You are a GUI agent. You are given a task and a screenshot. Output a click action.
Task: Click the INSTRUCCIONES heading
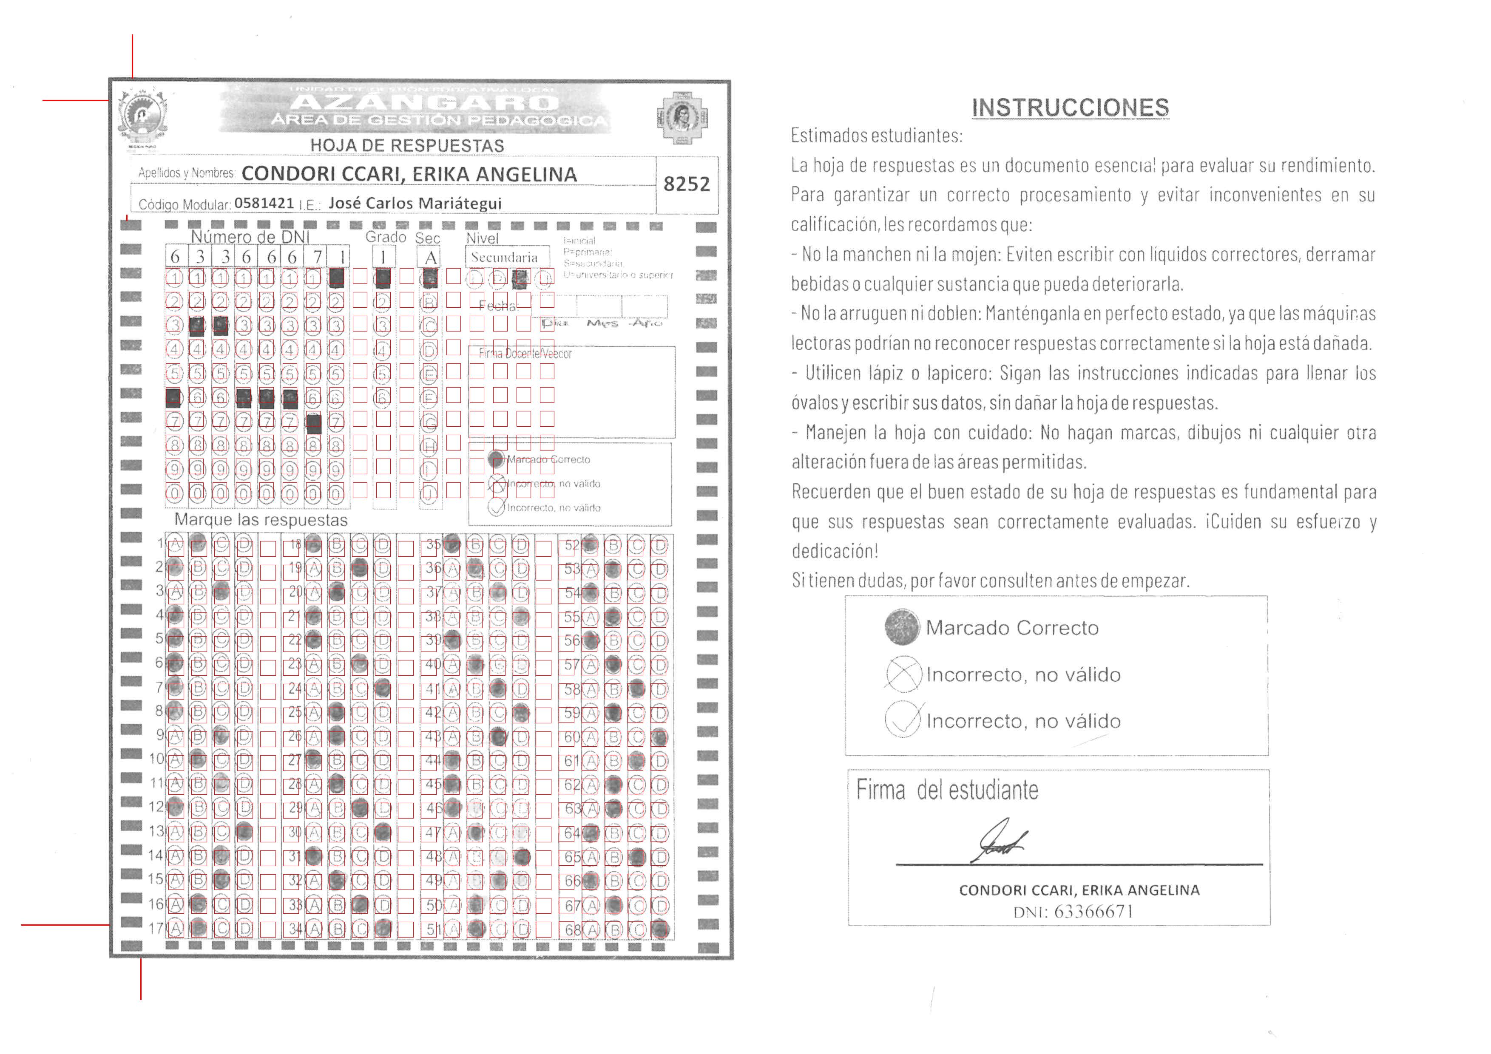coord(1070,108)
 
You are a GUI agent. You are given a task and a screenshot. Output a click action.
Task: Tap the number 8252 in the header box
coord(687,184)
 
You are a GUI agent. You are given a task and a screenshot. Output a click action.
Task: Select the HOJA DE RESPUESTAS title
coord(407,145)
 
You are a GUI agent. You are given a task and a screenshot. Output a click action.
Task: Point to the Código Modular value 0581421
coord(264,203)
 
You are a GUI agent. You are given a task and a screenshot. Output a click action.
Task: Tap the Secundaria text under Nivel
coord(505,258)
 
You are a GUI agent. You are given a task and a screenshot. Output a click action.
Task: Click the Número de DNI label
coord(250,237)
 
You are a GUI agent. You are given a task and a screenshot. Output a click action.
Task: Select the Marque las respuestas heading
coord(261,520)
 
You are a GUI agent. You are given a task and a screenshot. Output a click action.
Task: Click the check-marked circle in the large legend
coord(903,720)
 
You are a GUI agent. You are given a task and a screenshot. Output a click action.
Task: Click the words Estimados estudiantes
coord(876,136)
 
